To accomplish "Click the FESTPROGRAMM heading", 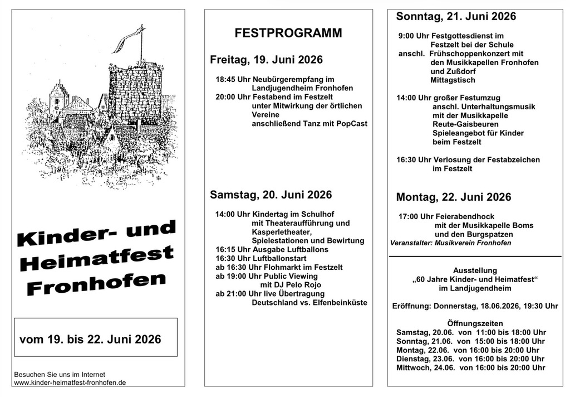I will coord(288,33).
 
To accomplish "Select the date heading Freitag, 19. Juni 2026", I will coord(266,60).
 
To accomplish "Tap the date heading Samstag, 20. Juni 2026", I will coord(271,195).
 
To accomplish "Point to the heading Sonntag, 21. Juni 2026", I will coord(456,16).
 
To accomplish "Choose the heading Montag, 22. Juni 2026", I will coord(453,197).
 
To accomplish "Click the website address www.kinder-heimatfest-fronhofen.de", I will coord(70,383).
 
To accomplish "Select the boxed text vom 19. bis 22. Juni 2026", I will coord(90,339).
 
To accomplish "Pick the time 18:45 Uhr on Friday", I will coord(233,79).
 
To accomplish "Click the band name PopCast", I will coord(352,123).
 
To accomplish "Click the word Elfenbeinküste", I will coord(339,302).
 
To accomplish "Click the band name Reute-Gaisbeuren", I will coord(458,124).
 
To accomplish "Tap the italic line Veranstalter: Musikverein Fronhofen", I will coord(450,243).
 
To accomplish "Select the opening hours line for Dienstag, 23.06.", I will coord(470,359).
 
